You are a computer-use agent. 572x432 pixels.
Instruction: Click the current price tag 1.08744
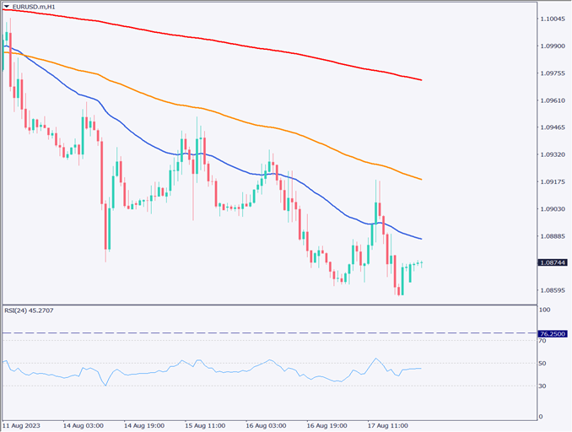tap(553, 262)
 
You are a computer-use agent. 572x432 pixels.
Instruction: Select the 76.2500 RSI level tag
tap(553, 333)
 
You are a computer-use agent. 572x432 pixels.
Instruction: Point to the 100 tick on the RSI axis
tap(545, 310)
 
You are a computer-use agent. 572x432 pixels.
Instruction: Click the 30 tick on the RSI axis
tap(543, 386)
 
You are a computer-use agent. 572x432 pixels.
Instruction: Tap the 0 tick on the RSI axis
tap(541, 417)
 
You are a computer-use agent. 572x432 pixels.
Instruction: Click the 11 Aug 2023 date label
tap(23, 425)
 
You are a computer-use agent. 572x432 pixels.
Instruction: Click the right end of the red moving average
tap(422, 80)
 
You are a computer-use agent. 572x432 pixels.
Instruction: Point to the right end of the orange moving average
tap(422, 179)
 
